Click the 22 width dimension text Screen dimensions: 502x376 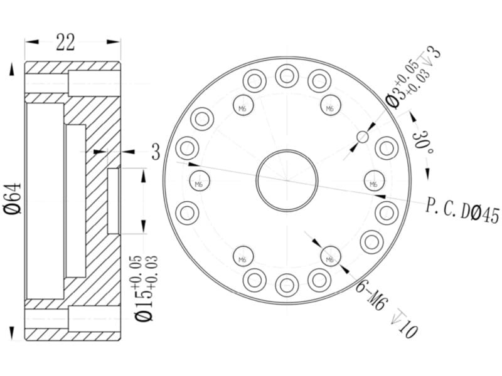tap(66, 42)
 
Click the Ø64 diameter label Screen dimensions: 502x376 tap(13, 198)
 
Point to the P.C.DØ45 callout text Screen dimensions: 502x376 tap(462, 211)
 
